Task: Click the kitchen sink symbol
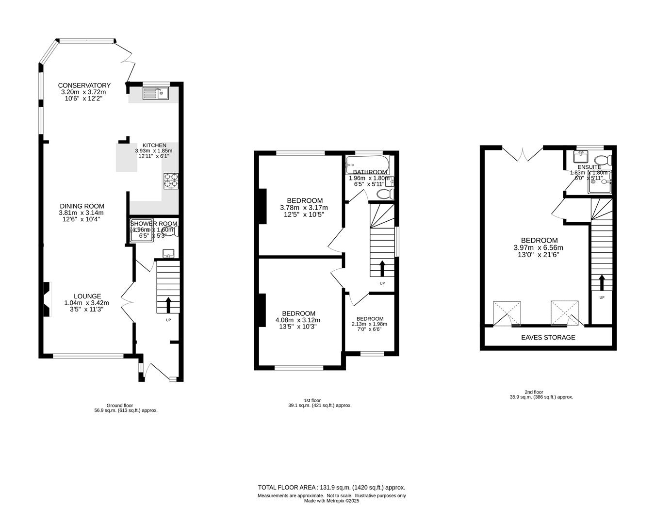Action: click(x=155, y=93)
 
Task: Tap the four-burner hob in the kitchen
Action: click(x=171, y=180)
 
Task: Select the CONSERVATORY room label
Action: click(x=84, y=85)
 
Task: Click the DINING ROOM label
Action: click(x=82, y=206)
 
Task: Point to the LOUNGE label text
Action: click(x=87, y=296)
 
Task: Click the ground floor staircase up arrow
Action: click(x=168, y=305)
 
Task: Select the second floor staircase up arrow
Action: click(x=602, y=282)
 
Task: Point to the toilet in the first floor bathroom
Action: click(x=385, y=194)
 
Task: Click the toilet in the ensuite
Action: click(x=603, y=160)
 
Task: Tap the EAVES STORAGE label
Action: click(x=548, y=337)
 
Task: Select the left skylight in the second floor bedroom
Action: click(x=507, y=312)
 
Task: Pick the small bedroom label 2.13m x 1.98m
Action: click(x=370, y=324)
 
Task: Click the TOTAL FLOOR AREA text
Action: click(x=331, y=488)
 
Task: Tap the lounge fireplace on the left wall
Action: click(x=47, y=299)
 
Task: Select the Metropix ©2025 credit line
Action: click(x=331, y=501)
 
